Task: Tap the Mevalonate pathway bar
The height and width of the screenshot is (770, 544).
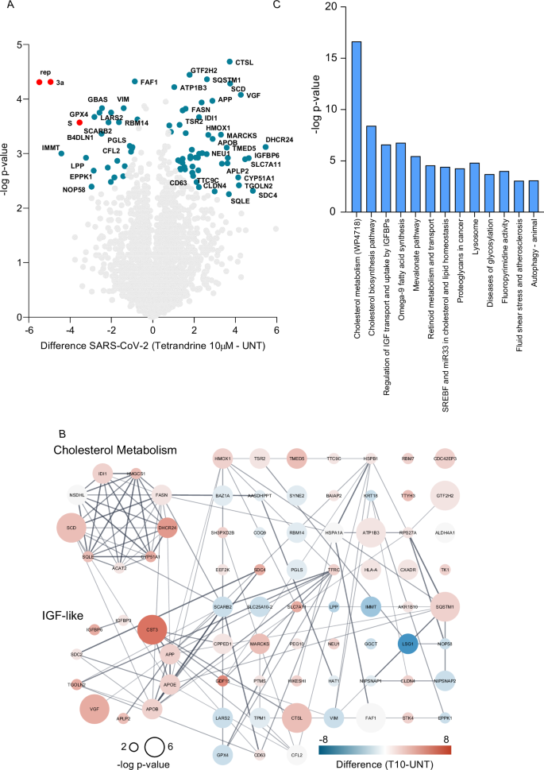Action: click(x=415, y=186)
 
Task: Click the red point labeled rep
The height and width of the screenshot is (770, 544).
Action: click(x=40, y=82)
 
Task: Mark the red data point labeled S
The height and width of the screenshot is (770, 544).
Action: click(x=79, y=122)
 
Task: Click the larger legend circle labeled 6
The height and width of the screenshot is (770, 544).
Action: click(x=154, y=746)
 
